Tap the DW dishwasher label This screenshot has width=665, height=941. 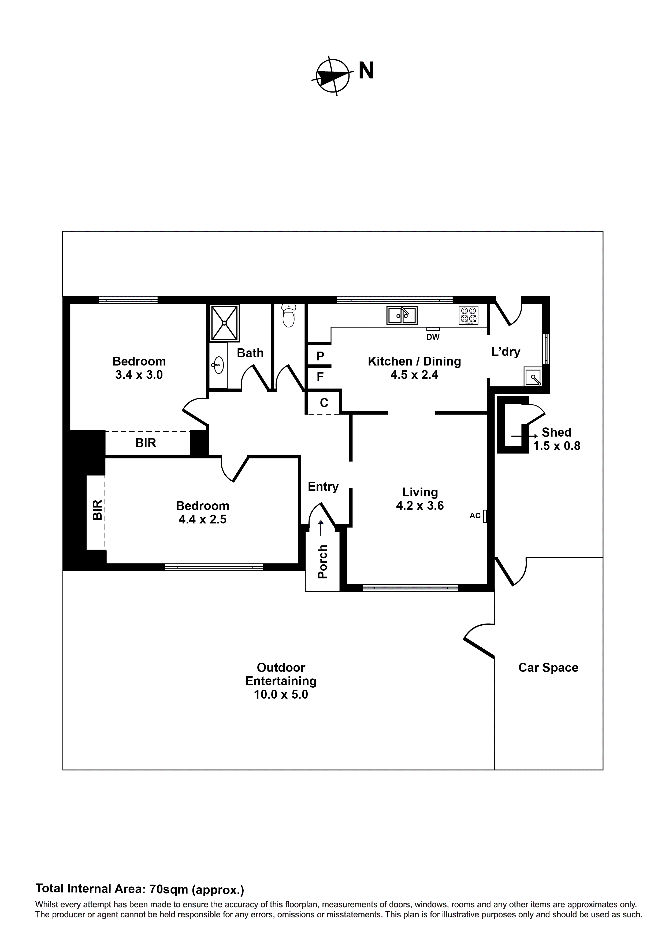point(433,337)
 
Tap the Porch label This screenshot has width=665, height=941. point(323,562)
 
